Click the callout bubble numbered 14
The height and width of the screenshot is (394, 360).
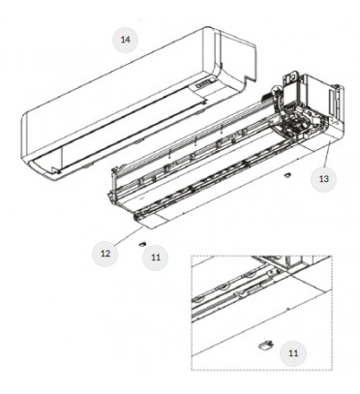(125, 40)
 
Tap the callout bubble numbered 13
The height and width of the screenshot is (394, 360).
(323, 178)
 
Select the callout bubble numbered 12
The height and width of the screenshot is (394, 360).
(105, 254)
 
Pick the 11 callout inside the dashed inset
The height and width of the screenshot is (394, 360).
(293, 353)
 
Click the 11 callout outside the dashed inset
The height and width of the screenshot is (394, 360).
(156, 258)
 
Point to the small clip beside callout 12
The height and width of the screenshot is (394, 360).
(142, 244)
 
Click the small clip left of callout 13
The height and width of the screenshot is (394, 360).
(286, 175)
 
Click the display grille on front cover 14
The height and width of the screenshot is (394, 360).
(203, 84)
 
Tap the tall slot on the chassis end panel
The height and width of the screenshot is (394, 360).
(331, 103)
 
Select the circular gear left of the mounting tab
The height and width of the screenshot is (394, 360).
(277, 91)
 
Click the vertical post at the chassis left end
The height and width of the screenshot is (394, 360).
(113, 180)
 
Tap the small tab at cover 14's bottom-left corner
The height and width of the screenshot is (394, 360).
(55, 170)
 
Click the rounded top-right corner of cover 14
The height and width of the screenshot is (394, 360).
(210, 29)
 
